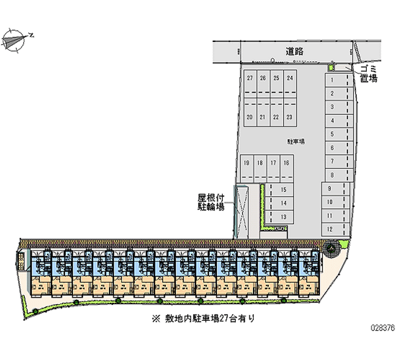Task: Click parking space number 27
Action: point(250,78)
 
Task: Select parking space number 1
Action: point(332,80)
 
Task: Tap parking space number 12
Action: point(330,229)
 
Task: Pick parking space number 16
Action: point(286,162)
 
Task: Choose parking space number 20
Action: point(250,117)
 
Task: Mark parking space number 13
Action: point(284,216)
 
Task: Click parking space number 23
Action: point(290,117)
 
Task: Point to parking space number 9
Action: point(330,188)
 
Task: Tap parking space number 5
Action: point(332,134)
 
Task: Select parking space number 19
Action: point(247,162)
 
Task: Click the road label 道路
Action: point(295,51)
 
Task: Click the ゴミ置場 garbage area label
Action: point(369,74)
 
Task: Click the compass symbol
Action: point(16,39)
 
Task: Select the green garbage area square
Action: point(332,67)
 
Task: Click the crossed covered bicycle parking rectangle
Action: point(242,211)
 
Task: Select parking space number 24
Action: point(290,78)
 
